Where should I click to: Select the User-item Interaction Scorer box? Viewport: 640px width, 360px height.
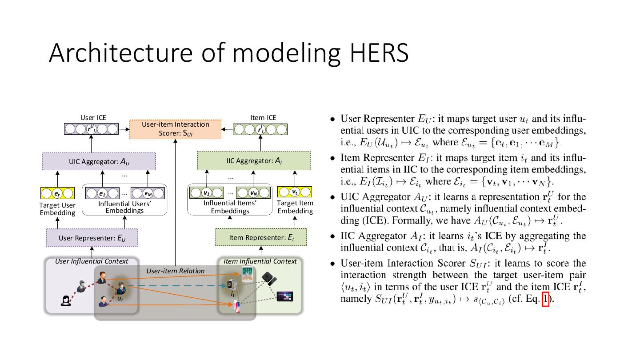click(175, 129)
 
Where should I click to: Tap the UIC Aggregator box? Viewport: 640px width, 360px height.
click(99, 161)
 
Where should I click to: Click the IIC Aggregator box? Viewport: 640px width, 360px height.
click(254, 160)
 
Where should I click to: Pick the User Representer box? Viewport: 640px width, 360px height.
click(92, 238)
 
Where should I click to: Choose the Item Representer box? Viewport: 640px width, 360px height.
click(261, 237)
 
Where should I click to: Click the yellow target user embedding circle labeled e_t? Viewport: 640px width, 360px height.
click(57, 193)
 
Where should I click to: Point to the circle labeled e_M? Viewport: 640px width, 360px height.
click(148, 193)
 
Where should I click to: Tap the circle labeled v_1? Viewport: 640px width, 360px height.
click(206, 193)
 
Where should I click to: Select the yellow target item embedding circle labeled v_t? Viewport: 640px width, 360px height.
click(295, 192)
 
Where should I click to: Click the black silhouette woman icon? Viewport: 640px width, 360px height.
click(66, 300)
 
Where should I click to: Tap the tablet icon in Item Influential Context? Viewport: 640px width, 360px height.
click(247, 274)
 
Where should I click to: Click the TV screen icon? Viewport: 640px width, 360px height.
click(285, 296)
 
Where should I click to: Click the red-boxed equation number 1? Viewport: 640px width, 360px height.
click(545, 299)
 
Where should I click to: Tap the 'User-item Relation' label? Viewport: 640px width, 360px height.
click(176, 271)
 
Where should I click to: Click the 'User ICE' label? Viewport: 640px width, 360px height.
click(93, 118)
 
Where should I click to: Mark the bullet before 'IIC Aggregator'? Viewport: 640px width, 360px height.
click(332, 236)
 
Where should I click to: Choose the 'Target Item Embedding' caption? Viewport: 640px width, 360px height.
click(295, 207)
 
